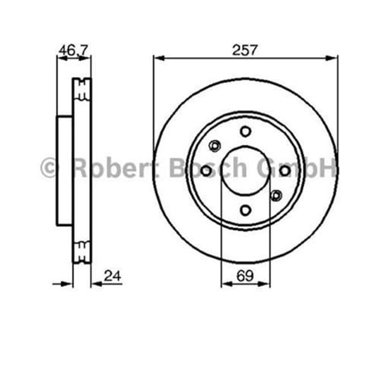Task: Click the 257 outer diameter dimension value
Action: pos(245,49)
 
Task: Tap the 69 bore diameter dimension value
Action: pos(245,275)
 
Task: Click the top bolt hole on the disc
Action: pos(245,131)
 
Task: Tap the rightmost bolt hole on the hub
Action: pos(285,171)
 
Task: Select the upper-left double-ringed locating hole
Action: pos(215,147)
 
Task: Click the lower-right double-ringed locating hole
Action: pos(276,196)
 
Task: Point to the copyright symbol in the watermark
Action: pos(49,168)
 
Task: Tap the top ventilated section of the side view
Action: pos(82,90)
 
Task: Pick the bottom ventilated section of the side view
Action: pos(82,251)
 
